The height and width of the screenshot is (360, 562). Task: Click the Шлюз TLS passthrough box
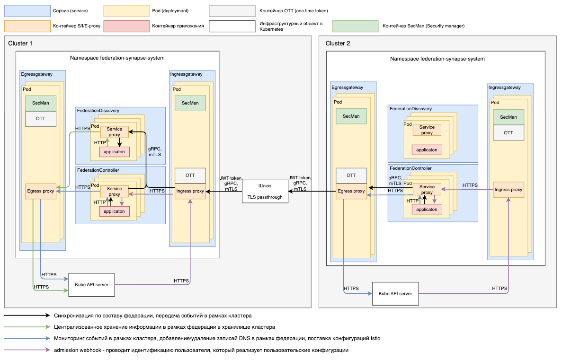coord(265,192)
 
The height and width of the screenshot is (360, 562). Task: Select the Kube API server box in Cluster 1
coord(92,285)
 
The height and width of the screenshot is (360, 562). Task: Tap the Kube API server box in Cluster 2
coord(395,294)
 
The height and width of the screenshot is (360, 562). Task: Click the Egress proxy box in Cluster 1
coord(41,191)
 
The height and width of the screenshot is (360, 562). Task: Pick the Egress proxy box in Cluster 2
coord(351,191)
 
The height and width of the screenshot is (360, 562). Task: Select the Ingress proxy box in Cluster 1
coord(190,191)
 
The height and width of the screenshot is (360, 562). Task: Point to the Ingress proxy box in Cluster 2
coord(508,190)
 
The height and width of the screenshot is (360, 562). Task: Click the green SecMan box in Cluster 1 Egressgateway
coord(41,103)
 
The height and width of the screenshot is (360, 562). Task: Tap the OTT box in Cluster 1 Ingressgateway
coord(190,176)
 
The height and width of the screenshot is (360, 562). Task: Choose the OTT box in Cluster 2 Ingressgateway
coord(508,133)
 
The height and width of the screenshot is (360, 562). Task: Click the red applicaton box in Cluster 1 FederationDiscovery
coord(115,152)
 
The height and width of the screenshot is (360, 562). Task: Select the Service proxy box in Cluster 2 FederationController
coord(427,190)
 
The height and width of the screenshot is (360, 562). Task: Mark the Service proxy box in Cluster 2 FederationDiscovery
coord(427,130)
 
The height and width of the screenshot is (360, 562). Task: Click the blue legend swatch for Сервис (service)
coord(27,10)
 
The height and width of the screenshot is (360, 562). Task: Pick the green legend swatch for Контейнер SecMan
coord(355,26)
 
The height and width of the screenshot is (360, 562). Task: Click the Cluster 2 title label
coord(338,44)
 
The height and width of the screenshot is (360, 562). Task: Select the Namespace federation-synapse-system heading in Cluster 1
coord(117,58)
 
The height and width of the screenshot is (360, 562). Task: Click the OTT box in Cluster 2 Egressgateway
coord(351,176)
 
